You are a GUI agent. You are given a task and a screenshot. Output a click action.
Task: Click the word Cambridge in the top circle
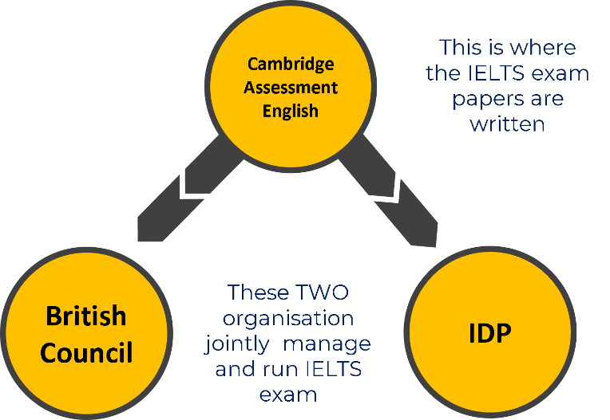pos(291,64)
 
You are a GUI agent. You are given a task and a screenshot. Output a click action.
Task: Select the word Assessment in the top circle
pos(291,88)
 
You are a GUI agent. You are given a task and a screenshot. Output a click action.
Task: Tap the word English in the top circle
pos(291,111)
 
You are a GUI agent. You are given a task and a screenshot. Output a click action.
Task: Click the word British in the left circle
pos(86,316)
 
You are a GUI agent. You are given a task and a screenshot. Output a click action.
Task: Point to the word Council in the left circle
pos(86,352)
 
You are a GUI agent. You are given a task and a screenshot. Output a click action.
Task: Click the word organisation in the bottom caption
pos(288,319)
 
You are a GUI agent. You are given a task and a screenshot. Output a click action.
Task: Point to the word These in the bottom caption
pos(255,292)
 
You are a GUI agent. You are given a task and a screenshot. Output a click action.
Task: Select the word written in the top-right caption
pos(507,125)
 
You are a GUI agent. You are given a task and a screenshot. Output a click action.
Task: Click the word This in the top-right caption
pos(461,48)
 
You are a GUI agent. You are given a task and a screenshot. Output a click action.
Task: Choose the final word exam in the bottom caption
pos(288,395)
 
